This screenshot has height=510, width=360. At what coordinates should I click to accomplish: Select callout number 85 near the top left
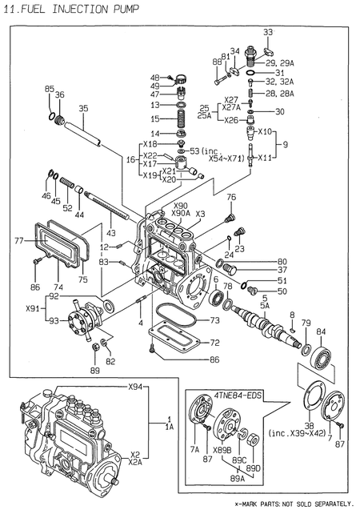pyautogui.click(x=49, y=89)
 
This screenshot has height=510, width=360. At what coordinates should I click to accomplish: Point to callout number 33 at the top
pyautogui.click(x=269, y=31)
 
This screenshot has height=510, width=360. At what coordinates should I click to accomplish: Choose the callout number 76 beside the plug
pyautogui.click(x=230, y=197)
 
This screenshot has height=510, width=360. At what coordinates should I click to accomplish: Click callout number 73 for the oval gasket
pyautogui.click(x=214, y=320)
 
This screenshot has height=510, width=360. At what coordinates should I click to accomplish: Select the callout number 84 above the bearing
pyautogui.click(x=321, y=331)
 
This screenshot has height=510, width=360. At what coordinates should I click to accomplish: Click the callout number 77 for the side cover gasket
pyautogui.click(x=18, y=239)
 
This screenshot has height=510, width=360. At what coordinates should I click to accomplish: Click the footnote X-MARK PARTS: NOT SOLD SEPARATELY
pyautogui.click(x=293, y=503)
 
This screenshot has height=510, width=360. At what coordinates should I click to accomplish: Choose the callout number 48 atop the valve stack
pyautogui.click(x=155, y=77)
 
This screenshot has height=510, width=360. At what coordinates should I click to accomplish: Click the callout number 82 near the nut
pyautogui.click(x=110, y=362)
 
